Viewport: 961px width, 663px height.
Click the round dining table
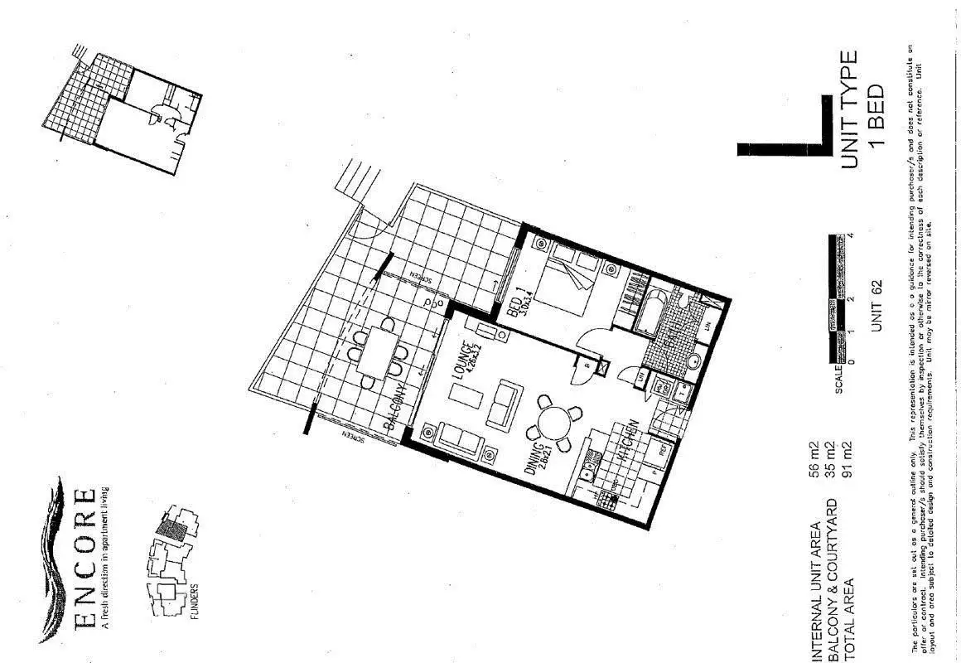coord(550,423)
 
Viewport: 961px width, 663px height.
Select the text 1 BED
coord(877,115)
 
